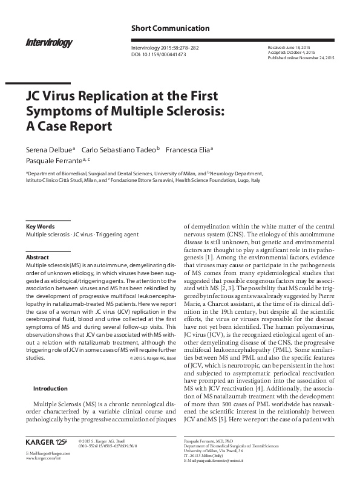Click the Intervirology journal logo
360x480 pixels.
[x=50, y=42]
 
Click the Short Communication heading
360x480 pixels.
[x=171, y=28]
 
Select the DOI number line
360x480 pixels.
[x=159, y=54]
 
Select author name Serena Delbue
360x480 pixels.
[x=48, y=149]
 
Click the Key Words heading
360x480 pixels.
[x=39, y=227]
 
